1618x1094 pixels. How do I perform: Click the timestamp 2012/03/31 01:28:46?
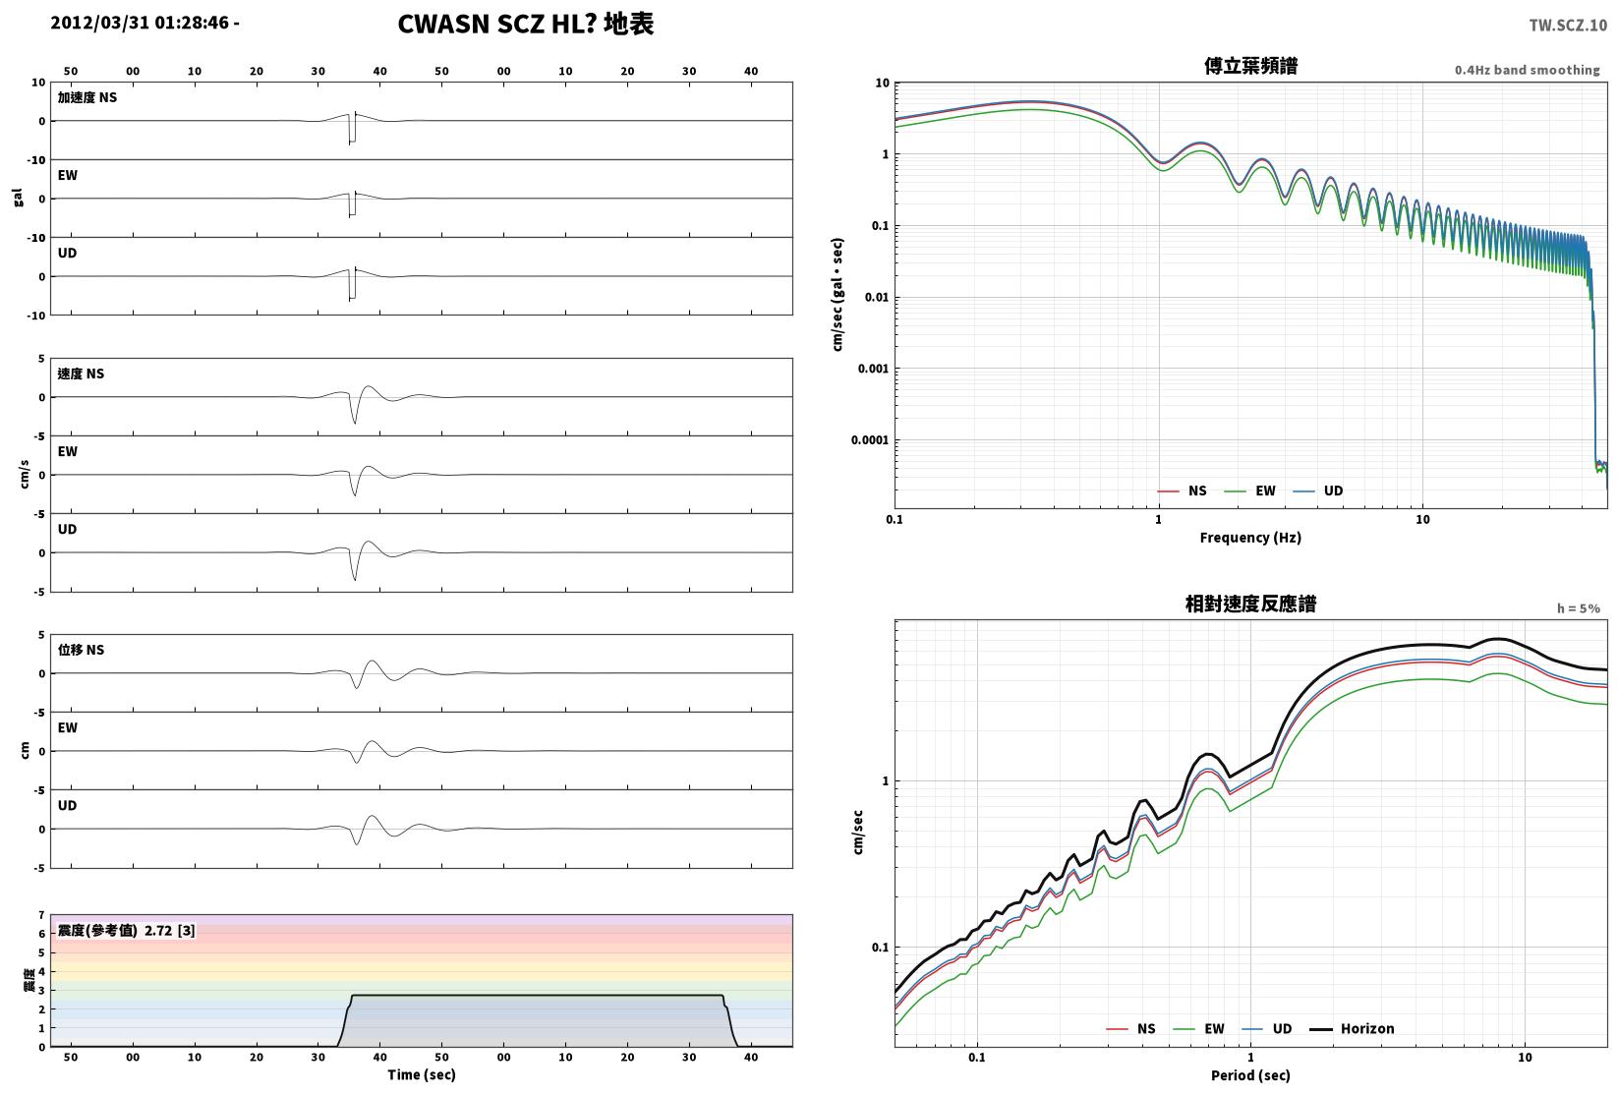coord(141,23)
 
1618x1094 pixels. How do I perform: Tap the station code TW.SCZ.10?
coord(1568,26)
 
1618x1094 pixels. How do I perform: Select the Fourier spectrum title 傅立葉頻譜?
coord(1250,66)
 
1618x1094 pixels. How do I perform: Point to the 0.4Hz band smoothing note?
coord(1527,70)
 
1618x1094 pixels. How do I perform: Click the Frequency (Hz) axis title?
coord(1250,538)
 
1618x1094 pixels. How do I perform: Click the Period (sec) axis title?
coord(1250,1075)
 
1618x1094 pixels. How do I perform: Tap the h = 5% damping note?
coord(1579,608)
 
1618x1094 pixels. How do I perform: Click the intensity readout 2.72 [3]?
coord(170,930)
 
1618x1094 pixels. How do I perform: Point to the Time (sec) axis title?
coord(422,1074)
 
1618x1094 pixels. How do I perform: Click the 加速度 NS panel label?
coord(87,97)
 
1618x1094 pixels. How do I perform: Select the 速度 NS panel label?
coord(81,374)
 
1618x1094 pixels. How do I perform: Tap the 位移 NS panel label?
coord(81,650)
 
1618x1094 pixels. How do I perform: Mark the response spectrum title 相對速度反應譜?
coord(1250,604)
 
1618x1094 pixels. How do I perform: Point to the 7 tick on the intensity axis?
coord(42,915)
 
